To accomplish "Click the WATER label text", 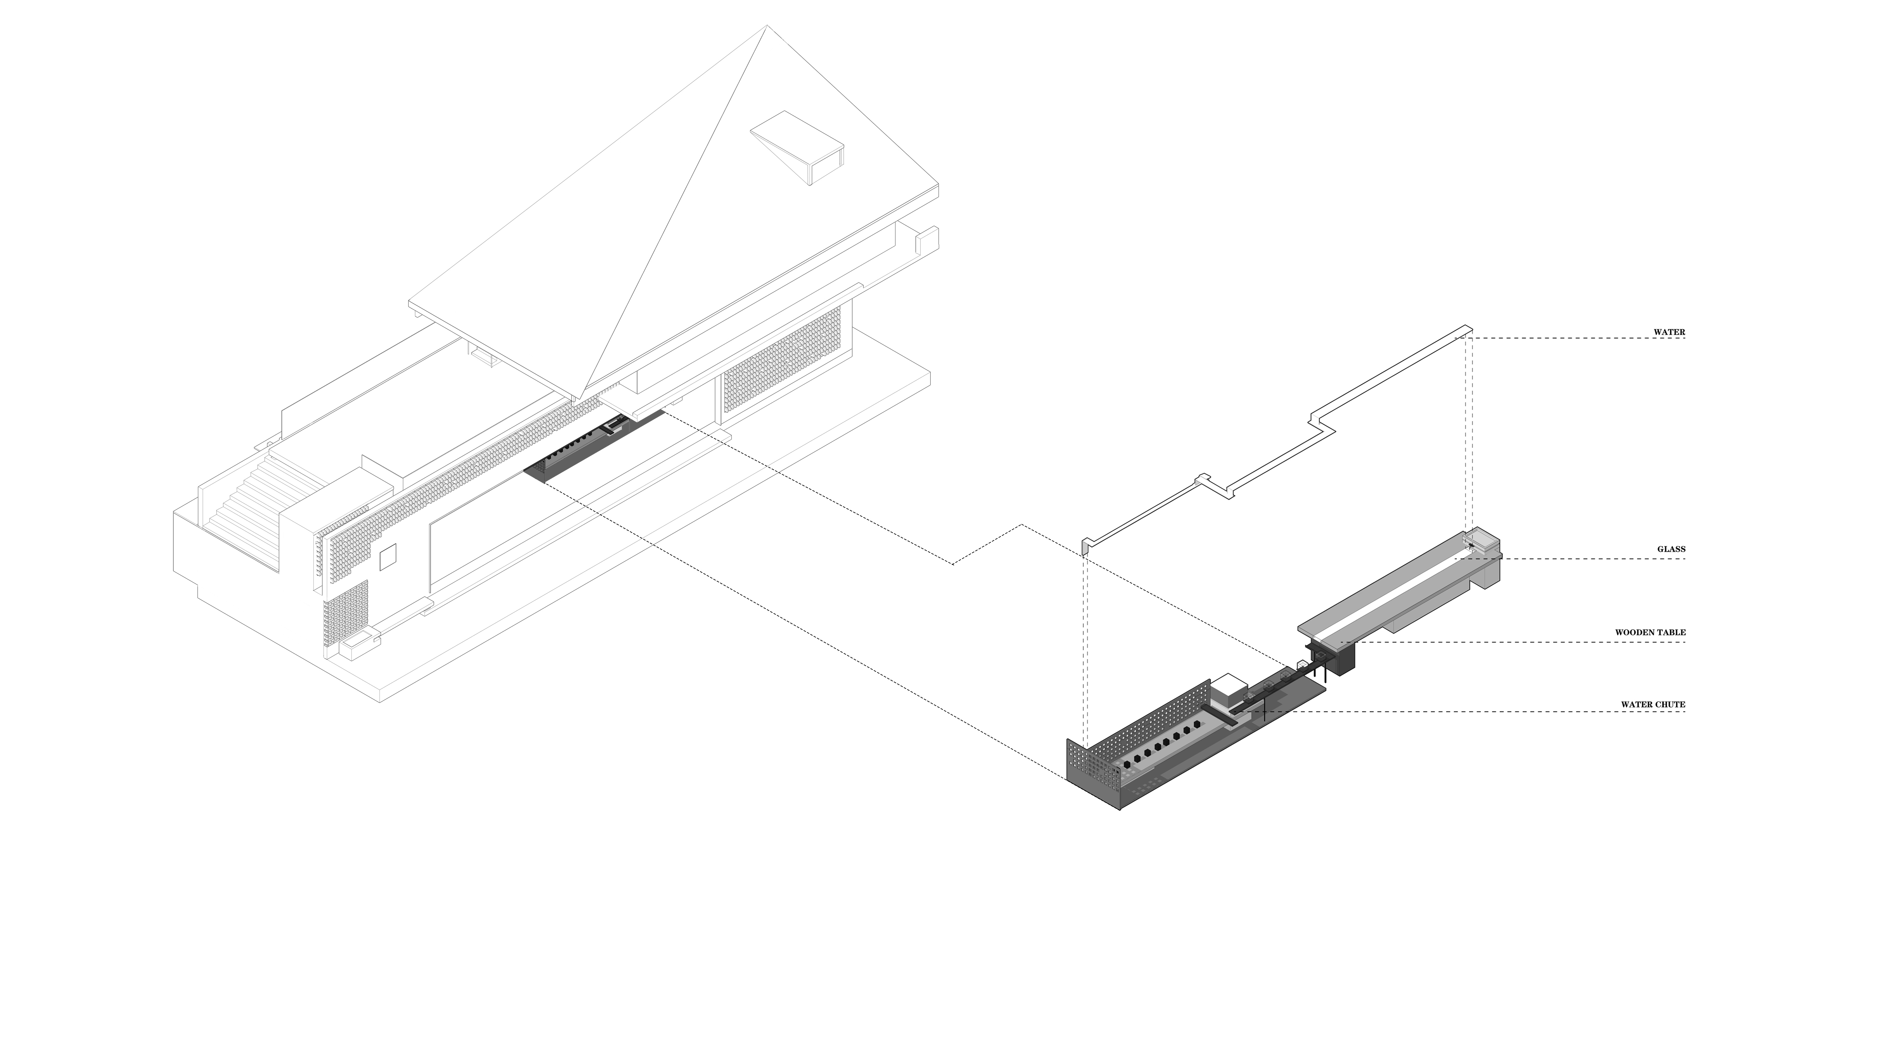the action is pyautogui.click(x=1669, y=332).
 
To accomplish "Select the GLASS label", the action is pyautogui.click(x=1671, y=549).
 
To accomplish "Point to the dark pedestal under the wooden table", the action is pyautogui.click(x=1343, y=657).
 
